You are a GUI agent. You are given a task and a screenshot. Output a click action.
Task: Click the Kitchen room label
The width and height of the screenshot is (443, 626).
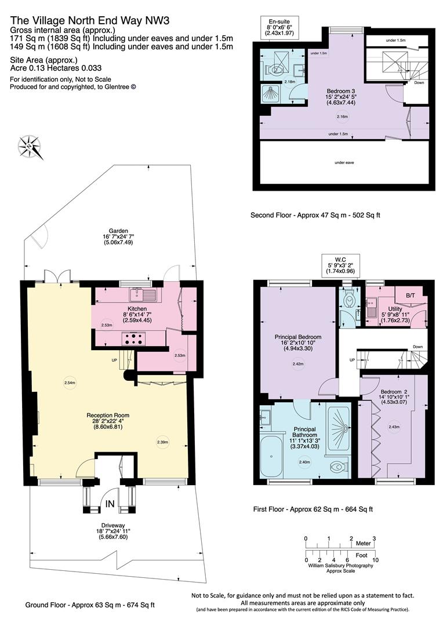(x=137, y=309)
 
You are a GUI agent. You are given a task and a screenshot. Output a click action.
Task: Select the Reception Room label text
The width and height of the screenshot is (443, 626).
(x=108, y=415)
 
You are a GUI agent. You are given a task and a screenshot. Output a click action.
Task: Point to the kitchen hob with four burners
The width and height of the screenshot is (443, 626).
(x=133, y=339)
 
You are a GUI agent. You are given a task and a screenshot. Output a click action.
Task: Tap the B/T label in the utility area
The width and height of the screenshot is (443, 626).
(x=411, y=296)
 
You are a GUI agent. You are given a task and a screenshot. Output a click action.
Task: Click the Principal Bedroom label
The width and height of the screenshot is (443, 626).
(x=297, y=337)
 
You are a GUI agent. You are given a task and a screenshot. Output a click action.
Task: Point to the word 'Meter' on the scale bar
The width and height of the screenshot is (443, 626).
(x=363, y=544)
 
